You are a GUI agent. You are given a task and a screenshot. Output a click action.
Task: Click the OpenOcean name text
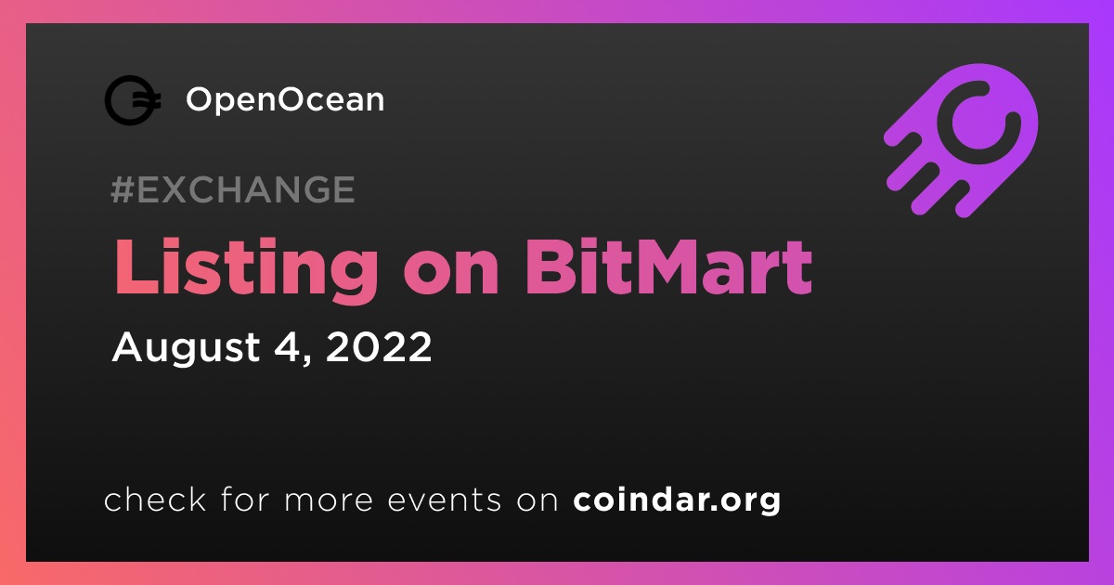(x=285, y=100)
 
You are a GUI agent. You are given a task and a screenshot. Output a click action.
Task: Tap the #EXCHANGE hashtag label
(x=233, y=189)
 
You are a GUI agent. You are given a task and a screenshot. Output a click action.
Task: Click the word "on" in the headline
(x=451, y=275)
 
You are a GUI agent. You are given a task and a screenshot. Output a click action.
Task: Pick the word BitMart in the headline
(x=668, y=267)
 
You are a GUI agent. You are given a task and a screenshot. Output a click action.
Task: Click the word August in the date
(x=186, y=347)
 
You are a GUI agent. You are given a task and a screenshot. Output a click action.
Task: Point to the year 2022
(x=379, y=346)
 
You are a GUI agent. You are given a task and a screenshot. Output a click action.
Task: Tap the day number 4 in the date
(x=288, y=346)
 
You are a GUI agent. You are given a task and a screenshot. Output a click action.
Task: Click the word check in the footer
(x=155, y=500)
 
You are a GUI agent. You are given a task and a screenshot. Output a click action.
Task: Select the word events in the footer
(x=445, y=500)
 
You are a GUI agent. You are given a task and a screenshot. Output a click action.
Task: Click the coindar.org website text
(x=677, y=500)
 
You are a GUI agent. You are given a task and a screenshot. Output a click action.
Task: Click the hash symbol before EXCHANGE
(x=123, y=189)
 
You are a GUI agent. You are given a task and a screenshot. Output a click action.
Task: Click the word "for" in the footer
(x=245, y=500)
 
